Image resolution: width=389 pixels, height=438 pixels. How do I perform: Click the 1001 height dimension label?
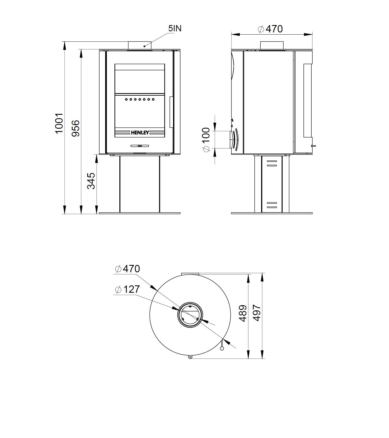pos(59,123)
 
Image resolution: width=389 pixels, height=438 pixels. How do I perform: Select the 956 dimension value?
pos(76,128)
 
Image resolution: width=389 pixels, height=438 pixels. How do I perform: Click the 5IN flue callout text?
pos(175,28)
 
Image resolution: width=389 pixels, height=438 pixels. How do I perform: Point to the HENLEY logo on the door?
pos(140,133)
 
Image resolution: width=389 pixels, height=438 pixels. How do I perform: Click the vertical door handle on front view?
pos(171,112)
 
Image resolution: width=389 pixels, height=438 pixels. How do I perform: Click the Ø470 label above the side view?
pos(271,29)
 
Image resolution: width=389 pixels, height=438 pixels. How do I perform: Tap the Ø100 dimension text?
pos(206,140)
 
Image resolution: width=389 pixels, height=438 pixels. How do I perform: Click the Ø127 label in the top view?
pos(128,289)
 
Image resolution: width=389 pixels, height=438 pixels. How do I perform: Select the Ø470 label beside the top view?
pos(128,269)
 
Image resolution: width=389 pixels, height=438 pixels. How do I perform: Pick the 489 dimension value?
pos(243,313)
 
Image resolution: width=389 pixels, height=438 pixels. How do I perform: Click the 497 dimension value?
pos(257,313)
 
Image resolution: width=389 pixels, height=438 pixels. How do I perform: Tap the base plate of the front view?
pos(140,213)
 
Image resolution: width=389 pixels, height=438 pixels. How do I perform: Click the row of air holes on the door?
pos(140,99)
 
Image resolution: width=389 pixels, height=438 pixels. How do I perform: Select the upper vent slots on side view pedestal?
pos(272,163)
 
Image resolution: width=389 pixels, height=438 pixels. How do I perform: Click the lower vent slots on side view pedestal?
pos(272,205)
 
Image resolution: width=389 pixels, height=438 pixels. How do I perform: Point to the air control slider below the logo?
pos(140,146)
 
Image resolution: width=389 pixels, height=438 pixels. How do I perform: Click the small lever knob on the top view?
pos(222,348)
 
